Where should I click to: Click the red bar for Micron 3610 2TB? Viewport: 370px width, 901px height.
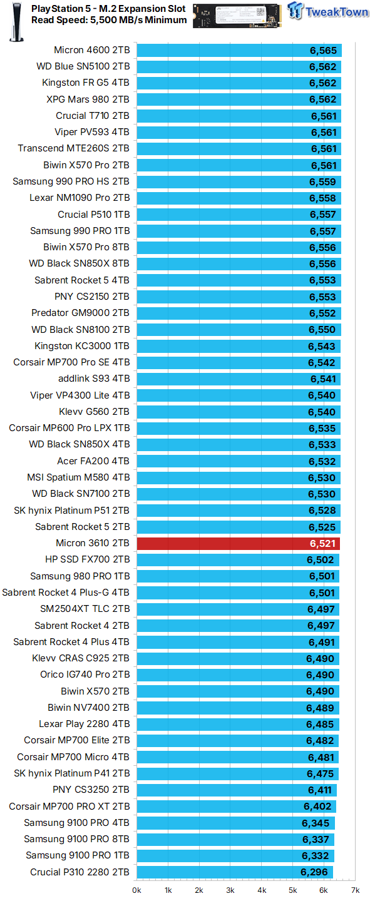tap(238, 543)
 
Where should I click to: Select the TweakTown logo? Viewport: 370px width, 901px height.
tap(327, 12)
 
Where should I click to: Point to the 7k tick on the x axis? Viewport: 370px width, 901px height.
tap(355, 890)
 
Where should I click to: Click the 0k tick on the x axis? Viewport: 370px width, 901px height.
tap(136, 890)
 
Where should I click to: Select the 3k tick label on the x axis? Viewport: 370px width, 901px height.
tap(230, 890)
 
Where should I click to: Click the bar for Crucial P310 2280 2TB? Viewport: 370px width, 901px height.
tap(235, 872)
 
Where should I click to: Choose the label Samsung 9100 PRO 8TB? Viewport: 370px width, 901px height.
tap(77, 839)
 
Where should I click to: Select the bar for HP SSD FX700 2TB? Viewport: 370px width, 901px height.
tap(238, 559)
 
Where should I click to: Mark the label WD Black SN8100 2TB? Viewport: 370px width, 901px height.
tap(81, 330)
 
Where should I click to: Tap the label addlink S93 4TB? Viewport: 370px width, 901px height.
tap(94, 379)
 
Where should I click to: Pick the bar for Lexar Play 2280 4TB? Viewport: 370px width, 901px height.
tap(239, 724)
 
